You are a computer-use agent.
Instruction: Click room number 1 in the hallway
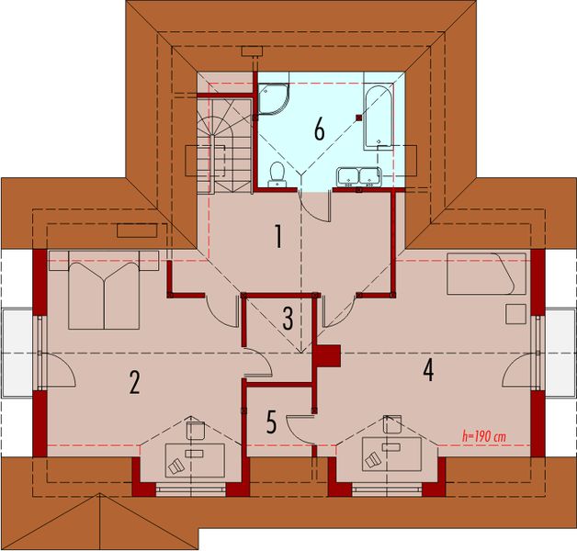coord(277,237)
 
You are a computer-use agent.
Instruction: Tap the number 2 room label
coord(134,382)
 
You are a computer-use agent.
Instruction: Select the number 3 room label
coord(288,319)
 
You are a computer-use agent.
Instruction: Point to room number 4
coord(427,369)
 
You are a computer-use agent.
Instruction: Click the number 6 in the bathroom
coord(319,129)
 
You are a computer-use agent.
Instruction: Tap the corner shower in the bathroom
coord(272,98)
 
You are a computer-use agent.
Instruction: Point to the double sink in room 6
coord(358,174)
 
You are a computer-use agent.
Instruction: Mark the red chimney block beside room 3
coord(327,354)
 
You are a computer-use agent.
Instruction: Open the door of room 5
coord(300,424)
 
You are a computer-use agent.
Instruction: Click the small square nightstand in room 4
coord(515,313)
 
